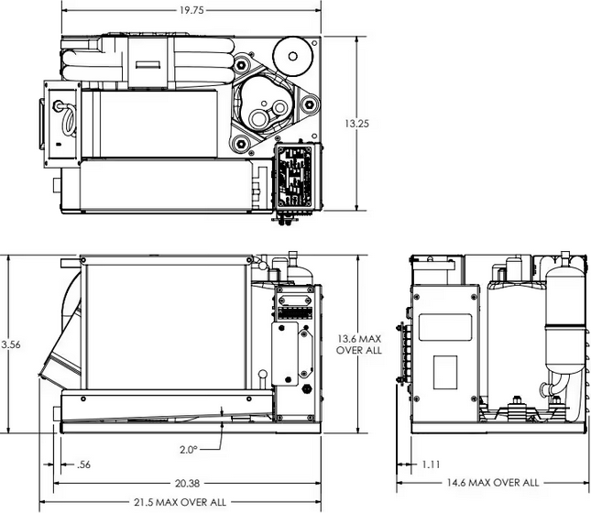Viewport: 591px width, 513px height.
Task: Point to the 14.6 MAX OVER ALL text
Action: (x=494, y=482)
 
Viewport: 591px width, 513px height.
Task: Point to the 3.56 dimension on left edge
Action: (x=9, y=344)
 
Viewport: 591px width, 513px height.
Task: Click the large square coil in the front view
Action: (x=166, y=321)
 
